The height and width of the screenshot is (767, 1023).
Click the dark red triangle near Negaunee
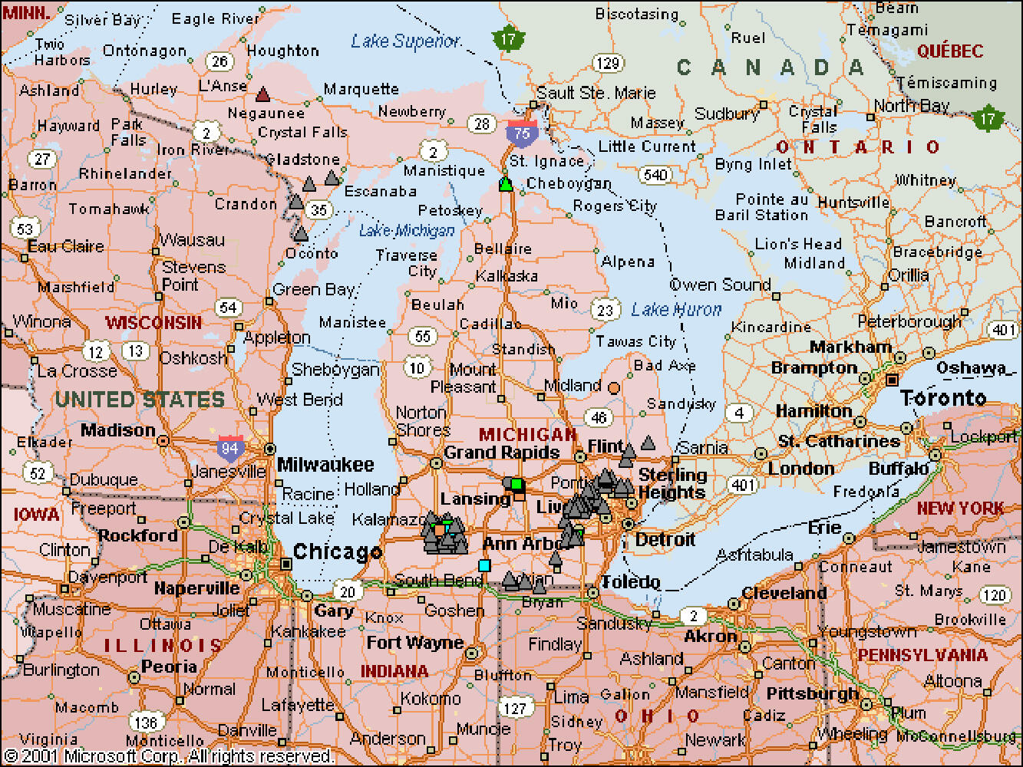point(263,94)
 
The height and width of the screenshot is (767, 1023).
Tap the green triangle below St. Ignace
point(505,183)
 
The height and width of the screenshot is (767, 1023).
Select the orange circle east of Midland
point(614,388)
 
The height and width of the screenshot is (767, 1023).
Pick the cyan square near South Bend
point(484,566)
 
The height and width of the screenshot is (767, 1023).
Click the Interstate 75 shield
point(522,132)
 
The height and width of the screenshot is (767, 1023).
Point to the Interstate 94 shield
point(230,447)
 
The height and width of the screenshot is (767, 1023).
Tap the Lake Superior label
point(406,41)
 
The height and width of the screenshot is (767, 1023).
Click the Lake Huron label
point(676,310)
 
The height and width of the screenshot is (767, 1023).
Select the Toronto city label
point(943,398)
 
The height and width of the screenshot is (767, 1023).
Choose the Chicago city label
point(337,552)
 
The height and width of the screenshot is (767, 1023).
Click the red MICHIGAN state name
point(528,435)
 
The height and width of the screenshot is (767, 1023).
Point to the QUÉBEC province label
point(950,51)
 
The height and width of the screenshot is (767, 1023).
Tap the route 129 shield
point(608,63)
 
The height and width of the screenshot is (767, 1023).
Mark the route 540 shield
point(655,175)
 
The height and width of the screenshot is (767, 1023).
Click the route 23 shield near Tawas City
point(606,310)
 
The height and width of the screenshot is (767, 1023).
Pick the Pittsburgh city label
point(813,693)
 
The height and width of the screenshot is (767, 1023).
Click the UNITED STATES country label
point(140,400)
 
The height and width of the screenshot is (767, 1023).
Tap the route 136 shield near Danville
point(145,722)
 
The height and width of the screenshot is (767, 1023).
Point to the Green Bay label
point(314,290)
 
